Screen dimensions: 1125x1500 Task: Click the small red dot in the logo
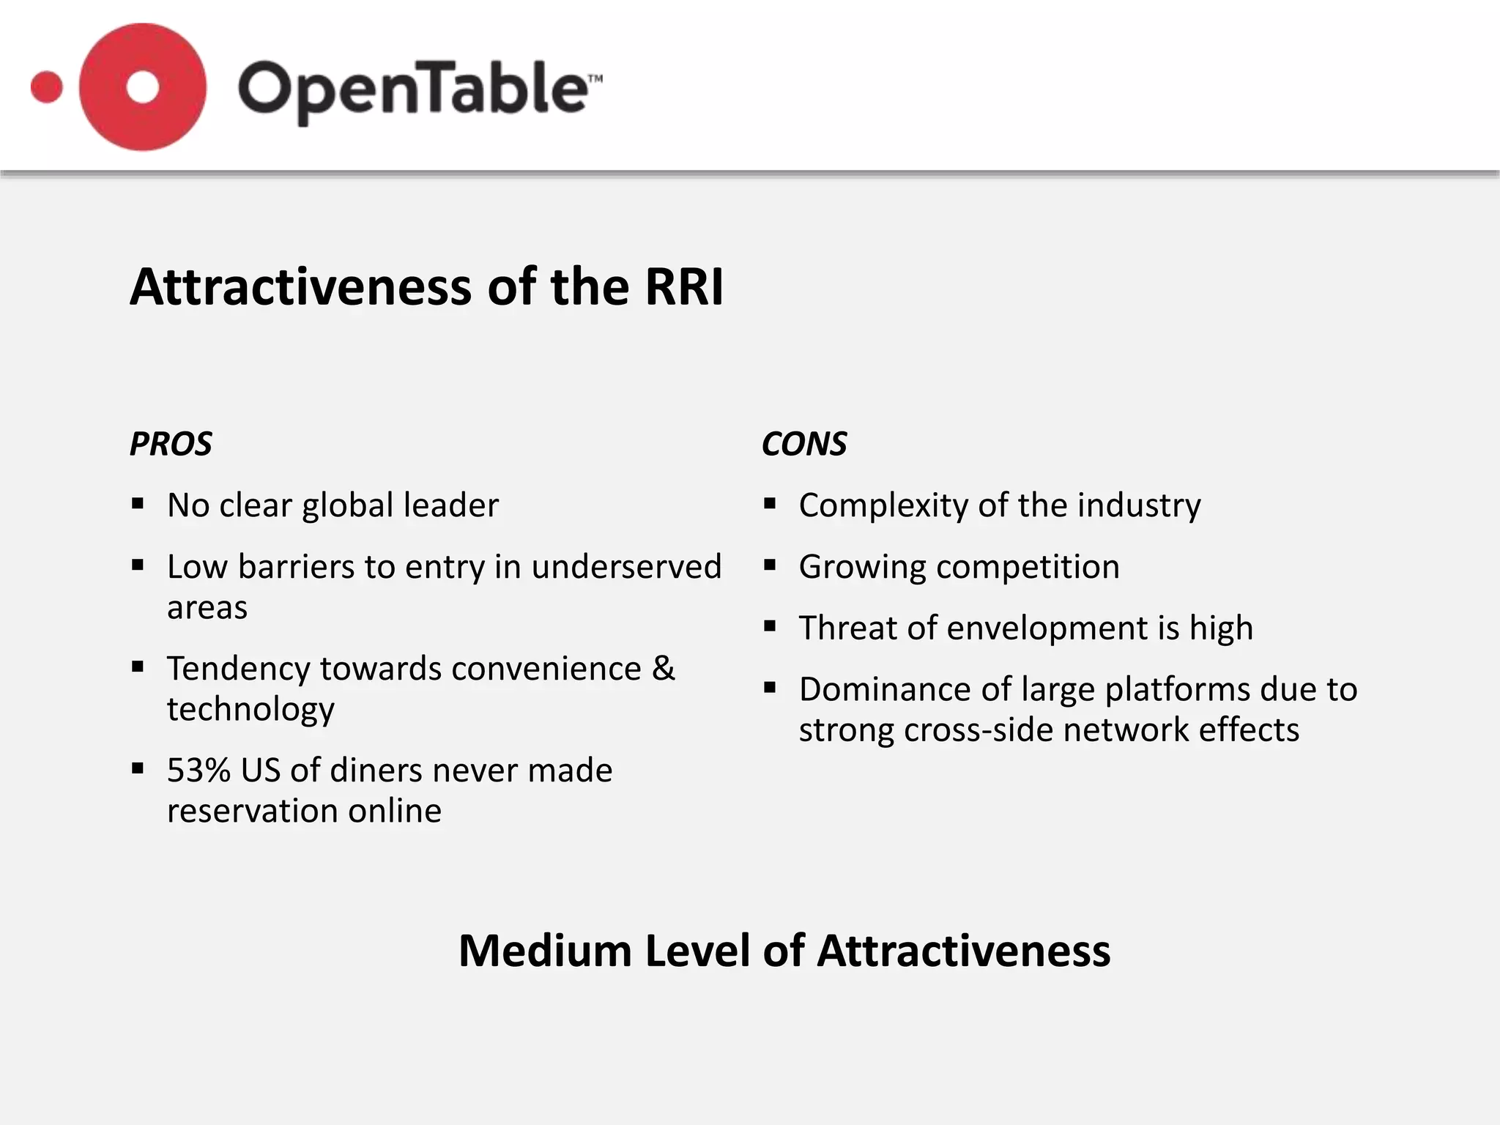[x=47, y=87]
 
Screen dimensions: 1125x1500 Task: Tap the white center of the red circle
[x=143, y=87]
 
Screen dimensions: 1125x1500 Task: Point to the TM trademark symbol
[x=595, y=78]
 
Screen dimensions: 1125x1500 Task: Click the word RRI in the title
[x=684, y=286]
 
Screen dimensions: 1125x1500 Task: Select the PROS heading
[x=171, y=444]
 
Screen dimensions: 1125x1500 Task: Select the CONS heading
[x=804, y=444]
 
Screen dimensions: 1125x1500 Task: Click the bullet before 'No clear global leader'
[x=138, y=504]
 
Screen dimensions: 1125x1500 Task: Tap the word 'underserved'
[x=626, y=567]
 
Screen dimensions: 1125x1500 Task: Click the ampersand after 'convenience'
[x=664, y=668]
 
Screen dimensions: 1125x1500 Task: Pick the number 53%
[x=198, y=771]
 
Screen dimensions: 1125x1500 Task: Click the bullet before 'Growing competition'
[x=769, y=565]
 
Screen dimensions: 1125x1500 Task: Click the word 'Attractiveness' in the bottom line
[x=963, y=951]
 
